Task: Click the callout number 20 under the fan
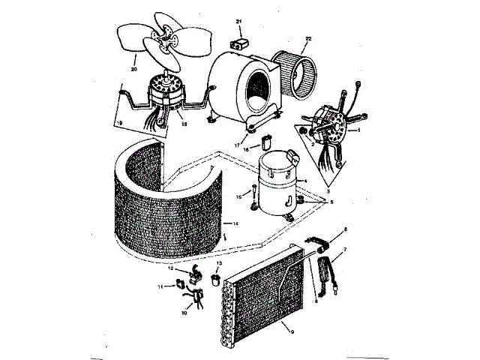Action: pyautogui.click(x=134, y=70)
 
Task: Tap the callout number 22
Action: pyautogui.click(x=307, y=38)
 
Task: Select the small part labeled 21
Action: pyautogui.click(x=240, y=45)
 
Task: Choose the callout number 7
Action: pyautogui.click(x=344, y=248)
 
